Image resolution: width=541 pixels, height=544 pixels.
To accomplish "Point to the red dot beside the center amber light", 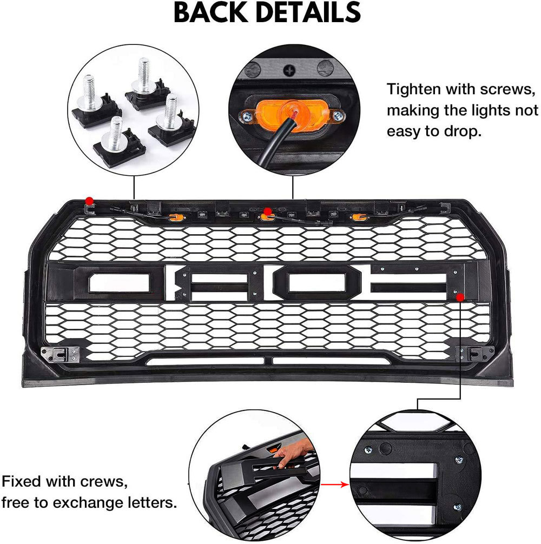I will click(267, 210).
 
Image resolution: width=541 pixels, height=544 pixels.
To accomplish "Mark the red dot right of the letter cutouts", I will click(459, 297).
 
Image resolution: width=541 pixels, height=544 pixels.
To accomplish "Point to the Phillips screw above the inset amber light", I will click(293, 70).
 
